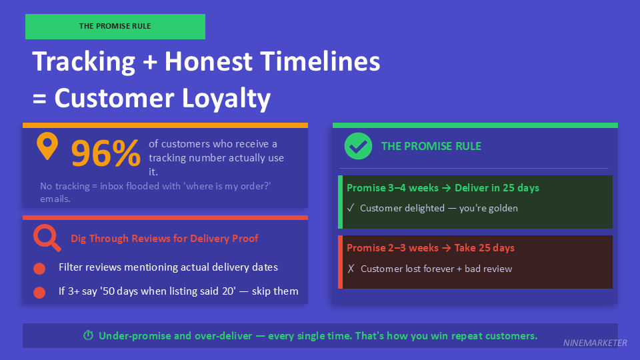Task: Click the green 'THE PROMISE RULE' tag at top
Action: [x=115, y=27]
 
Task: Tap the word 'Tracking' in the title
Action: [x=84, y=62]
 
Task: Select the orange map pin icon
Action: [x=47, y=146]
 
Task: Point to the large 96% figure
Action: [x=105, y=153]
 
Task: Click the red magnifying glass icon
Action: [x=47, y=237]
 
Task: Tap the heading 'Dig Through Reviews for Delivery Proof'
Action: [x=164, y=238]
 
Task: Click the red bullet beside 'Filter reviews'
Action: [x=39, y=269]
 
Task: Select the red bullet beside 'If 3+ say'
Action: [x=39, y=292]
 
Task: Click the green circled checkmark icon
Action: [x=358, y=146]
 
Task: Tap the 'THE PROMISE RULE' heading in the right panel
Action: [x=431, y=146]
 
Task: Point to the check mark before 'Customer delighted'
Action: [x=351, y=208]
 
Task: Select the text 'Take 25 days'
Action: [x=485, y=248]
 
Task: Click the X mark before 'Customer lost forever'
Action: [x=351, y=269]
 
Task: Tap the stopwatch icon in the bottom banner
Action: [x=88, y=336]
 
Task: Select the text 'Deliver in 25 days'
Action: [x=497, y=188]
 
